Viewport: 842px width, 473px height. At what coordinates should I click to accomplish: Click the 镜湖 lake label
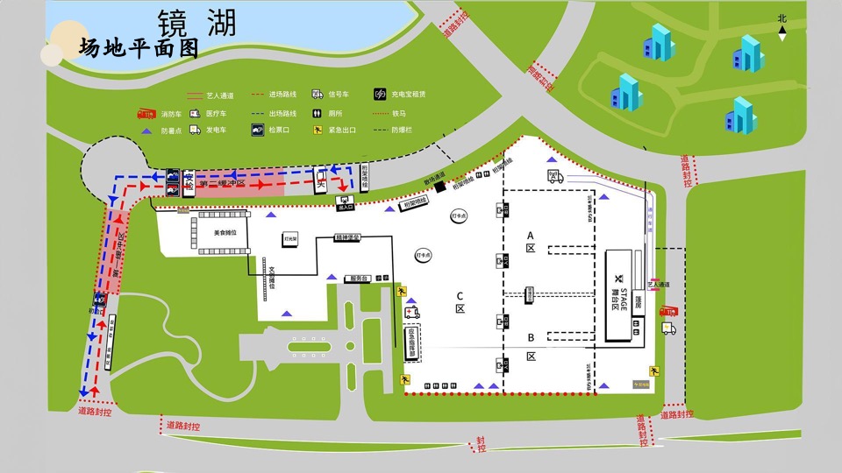197,23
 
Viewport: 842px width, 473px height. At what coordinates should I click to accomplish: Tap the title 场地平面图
139,48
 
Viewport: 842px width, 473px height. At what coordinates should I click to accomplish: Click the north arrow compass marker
782,29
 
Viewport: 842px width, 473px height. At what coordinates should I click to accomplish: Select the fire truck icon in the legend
145,114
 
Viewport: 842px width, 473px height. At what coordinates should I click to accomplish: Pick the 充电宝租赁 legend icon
381,94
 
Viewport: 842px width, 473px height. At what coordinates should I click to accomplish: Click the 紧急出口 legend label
341,130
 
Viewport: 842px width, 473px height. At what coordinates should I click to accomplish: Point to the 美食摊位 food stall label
225,232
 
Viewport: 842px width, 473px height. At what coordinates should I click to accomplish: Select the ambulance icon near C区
412,312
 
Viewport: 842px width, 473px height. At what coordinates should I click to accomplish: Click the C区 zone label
460,301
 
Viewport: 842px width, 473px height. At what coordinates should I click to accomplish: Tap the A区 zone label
531,241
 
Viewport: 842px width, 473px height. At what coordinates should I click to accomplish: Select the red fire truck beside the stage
668,311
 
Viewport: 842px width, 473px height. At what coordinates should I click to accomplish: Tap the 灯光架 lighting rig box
289,238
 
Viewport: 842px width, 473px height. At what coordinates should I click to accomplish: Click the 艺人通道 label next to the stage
657,285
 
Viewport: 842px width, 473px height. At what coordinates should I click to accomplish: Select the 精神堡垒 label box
347,237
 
